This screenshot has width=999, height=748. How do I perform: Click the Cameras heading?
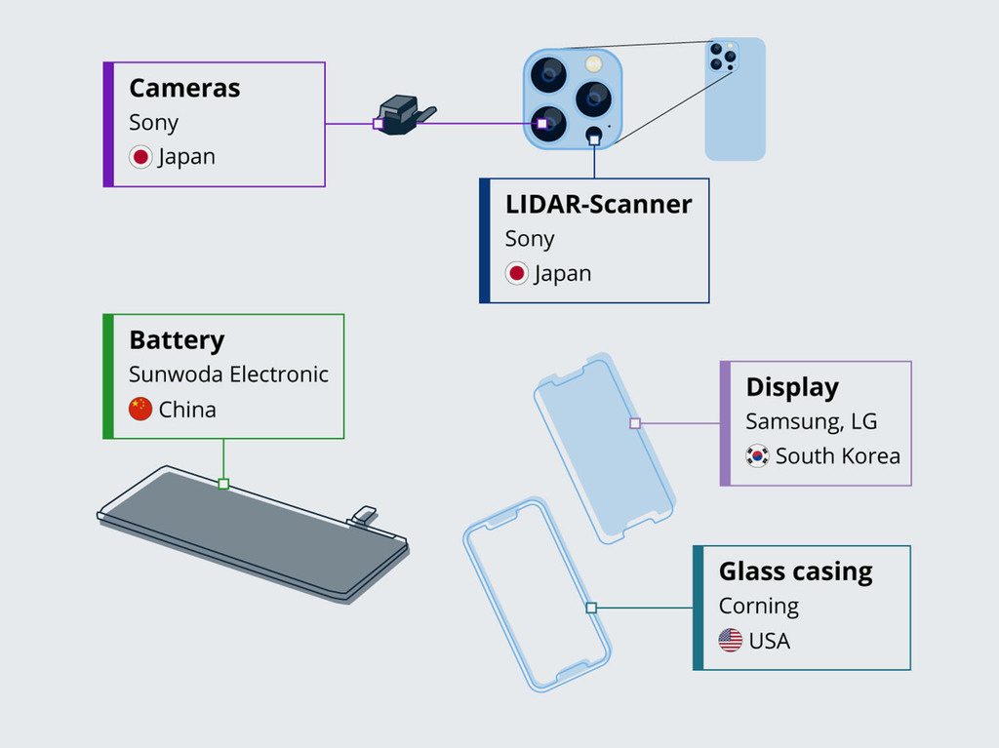(184, 88)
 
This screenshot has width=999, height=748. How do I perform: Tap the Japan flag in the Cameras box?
(140, 157)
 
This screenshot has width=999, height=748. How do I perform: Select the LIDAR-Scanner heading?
(598, 205)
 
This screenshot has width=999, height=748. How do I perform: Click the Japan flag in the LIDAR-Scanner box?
(517, 274)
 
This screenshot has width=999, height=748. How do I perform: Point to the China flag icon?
(140, 410)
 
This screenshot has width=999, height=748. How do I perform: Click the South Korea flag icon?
(757, 456)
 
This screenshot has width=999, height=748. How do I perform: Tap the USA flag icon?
(730, 641)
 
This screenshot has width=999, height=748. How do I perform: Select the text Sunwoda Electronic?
(228, 374)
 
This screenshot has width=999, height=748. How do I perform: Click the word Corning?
(758, 606)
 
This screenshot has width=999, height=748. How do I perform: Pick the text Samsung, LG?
(811, 421)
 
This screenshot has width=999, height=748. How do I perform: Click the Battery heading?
(177, 340)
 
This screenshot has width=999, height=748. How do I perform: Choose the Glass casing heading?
(795, 571)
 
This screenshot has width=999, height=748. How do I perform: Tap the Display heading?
(792, 387)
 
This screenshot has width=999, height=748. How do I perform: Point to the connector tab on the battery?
(364, 514)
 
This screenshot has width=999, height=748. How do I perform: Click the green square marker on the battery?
(223, 484)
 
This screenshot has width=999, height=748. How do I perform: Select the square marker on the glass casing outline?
(591, 608)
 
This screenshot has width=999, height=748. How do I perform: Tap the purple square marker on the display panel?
(635, 423)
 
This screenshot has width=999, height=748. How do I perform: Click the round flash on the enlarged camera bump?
(593, 64)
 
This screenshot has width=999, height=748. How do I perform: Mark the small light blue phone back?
(736, 99)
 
